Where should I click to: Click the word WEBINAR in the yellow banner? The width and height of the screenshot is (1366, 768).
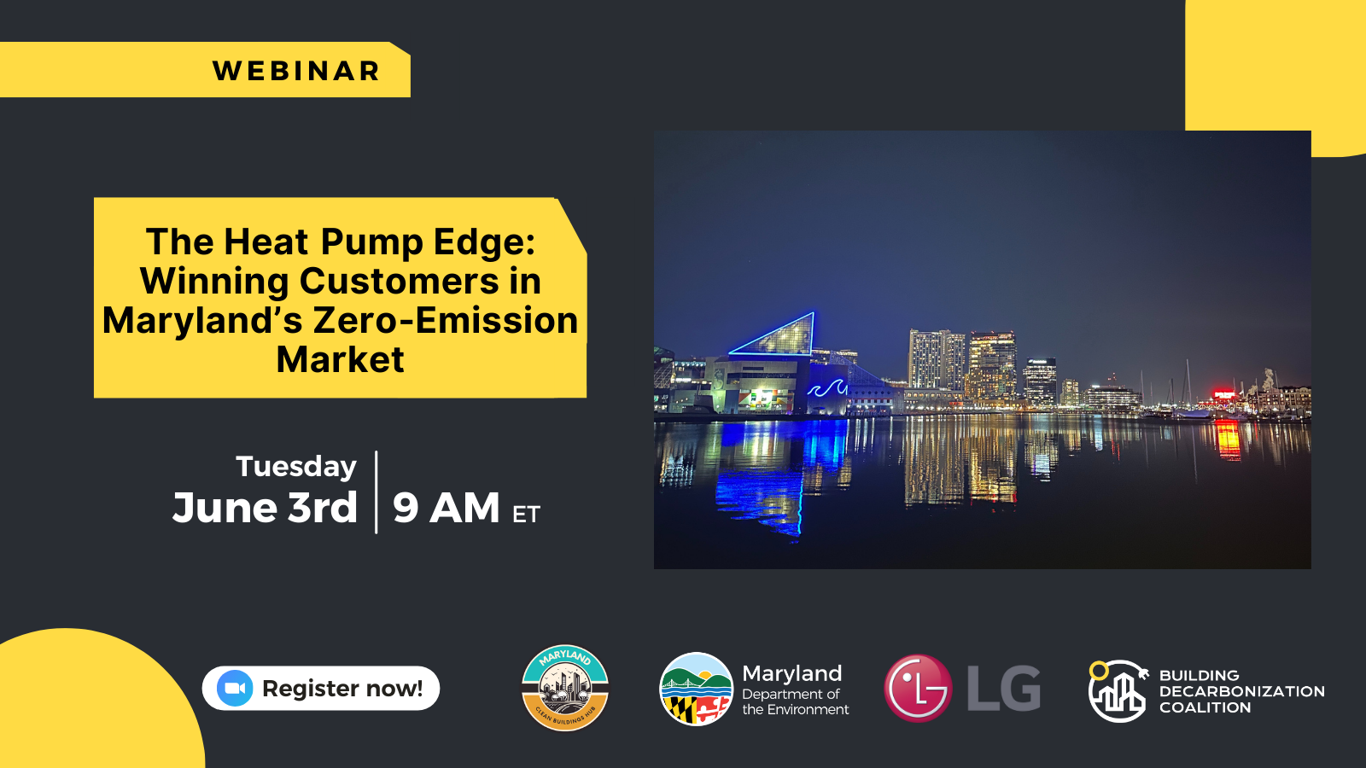pyautogui.click(x=296, y=71)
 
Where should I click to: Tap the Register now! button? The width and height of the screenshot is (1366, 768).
pyautogui.click(x=321, y=688)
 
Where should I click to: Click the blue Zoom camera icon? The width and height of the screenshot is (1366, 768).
pyautogui.click(x=235, y=688)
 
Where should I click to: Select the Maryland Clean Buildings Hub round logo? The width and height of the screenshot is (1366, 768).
pyautogui.click(x=565, y=688)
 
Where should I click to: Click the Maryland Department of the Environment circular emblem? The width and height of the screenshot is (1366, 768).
pyautogui.click(x=696, y=689)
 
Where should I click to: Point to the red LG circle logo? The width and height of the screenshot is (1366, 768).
pyautogui.click(x=918, y=688)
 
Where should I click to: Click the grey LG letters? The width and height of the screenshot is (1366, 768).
pyautogui.click(x=1004, y=689)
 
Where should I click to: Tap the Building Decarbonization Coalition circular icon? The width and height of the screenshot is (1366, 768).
pyautogui.click(x=1118, y=691)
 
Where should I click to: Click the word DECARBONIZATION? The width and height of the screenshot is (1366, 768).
pyautogui.click(x=1241, y=691)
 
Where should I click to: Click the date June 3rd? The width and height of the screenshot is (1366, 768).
pyautogui.click(x=265, y=507)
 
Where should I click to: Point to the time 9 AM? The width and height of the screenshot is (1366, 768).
pyautogui.click(x=446, y=507)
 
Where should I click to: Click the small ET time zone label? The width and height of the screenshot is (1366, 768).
pyautogui.click(x=526, y=515)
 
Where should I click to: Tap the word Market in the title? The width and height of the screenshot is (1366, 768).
pyautogui.click(x=341, y=359)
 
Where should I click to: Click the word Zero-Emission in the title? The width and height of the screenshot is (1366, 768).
pyautogui.click(x=445, y=320)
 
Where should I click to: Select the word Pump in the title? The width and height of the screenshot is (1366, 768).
pyautogui.click(x=372, y=242)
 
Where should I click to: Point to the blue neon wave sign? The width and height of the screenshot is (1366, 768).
pyautogui.click(x=827, y=388)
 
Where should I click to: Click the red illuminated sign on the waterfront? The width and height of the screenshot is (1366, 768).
pyautogui.click(x=1225, y=395)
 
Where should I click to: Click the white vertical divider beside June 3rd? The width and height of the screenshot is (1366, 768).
pyautogui.click(x=377, y=492)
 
